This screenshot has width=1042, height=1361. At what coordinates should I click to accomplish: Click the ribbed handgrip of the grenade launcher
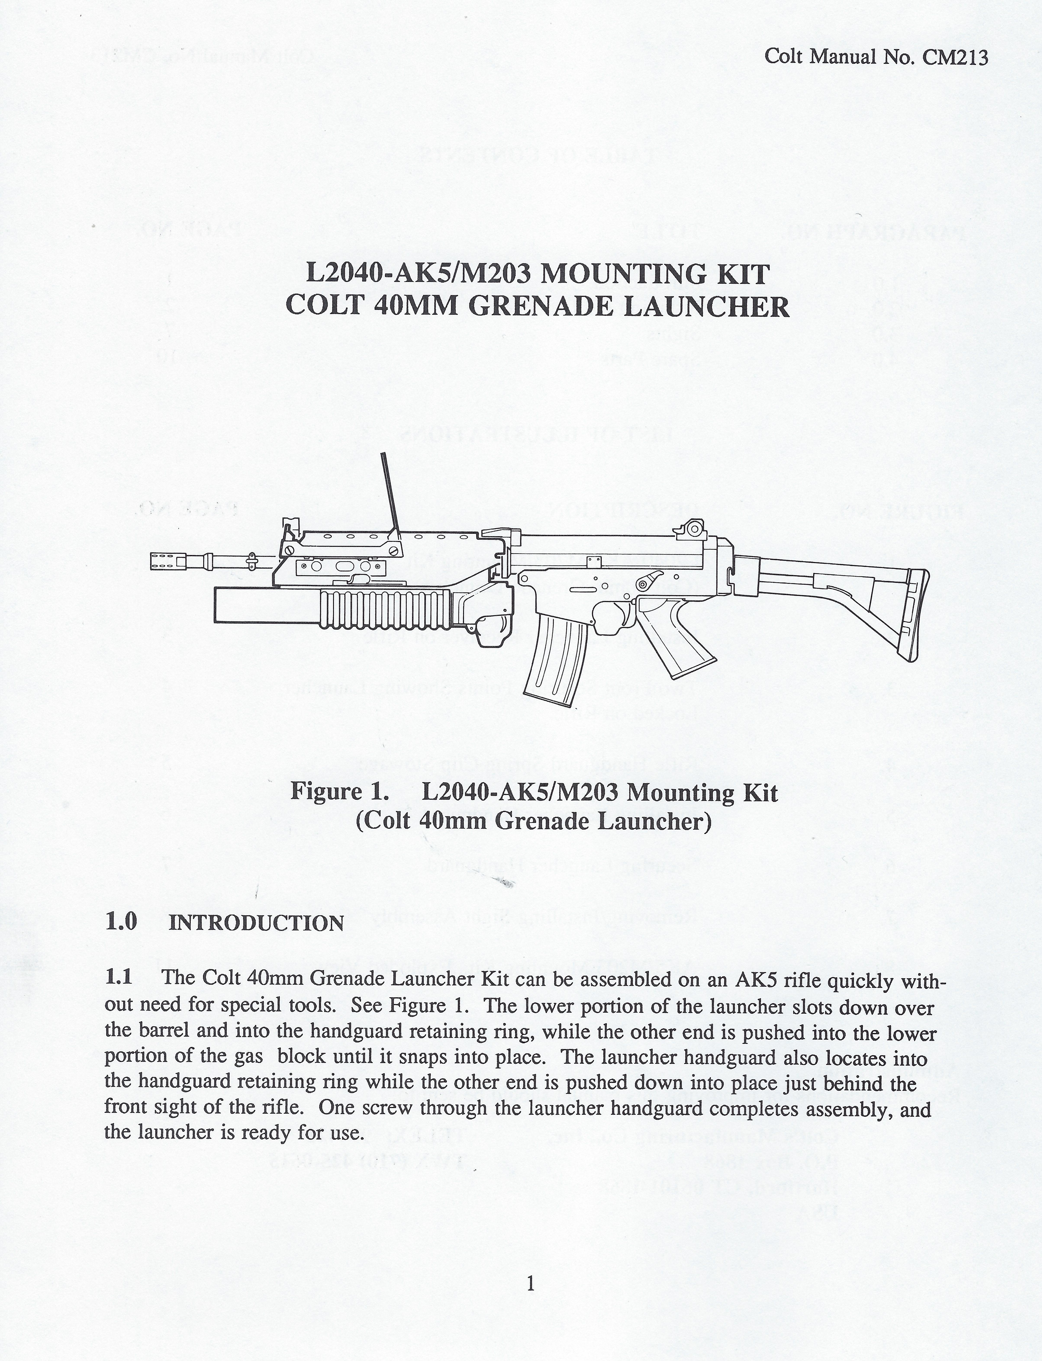385,608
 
